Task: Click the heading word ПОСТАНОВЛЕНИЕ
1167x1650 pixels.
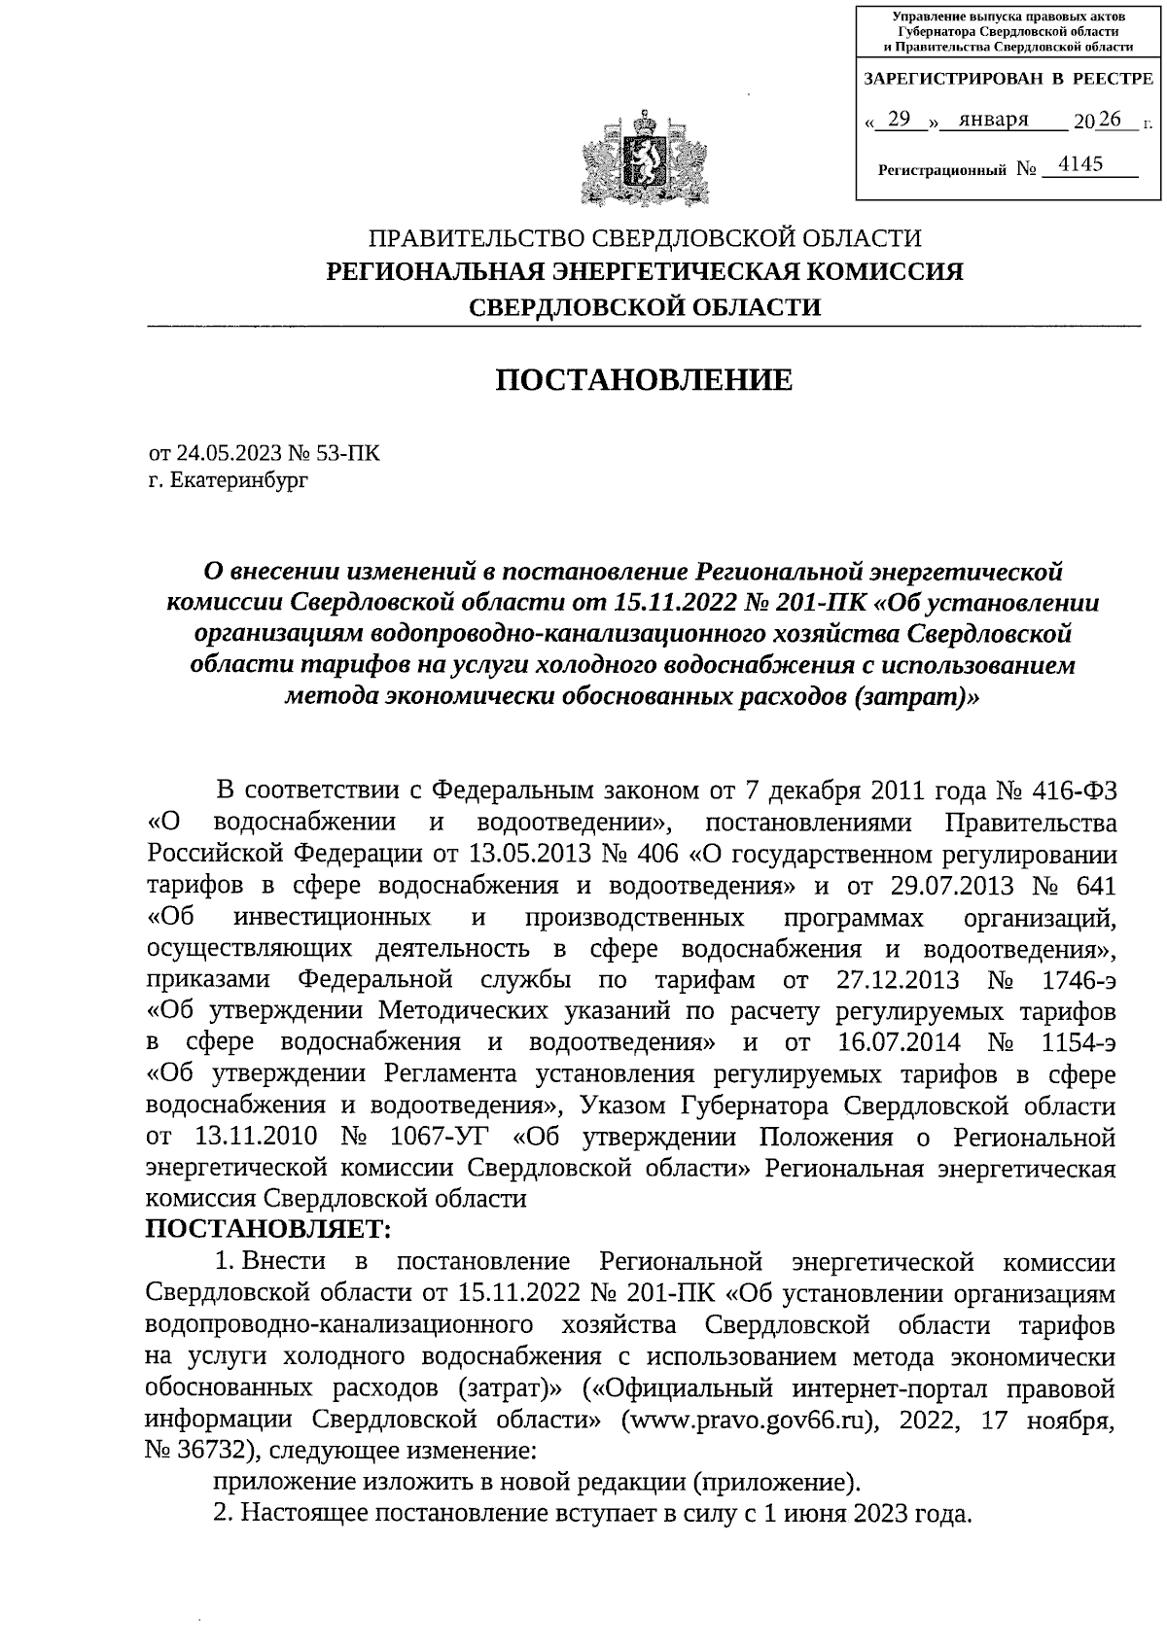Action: click(x=644, y=380)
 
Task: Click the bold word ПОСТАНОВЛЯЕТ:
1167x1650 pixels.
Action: click(x=268, y=1230)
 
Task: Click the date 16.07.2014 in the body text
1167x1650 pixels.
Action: click(x=898, y=1042)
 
